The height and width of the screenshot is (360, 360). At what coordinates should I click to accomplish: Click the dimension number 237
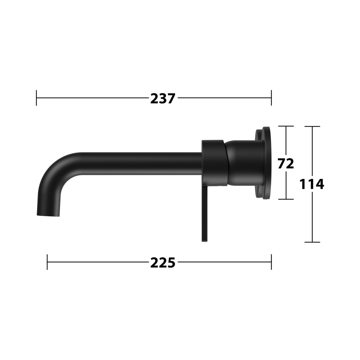[x=163, y=98]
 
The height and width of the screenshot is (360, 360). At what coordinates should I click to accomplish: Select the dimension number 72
[x=286, y=163]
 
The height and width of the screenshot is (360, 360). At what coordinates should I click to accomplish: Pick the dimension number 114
[x=312, y=184]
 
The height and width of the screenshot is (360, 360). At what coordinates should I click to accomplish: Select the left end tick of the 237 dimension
[x=37, y=98]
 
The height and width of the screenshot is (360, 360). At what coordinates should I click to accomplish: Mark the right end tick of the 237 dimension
[x=271, y=98]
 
